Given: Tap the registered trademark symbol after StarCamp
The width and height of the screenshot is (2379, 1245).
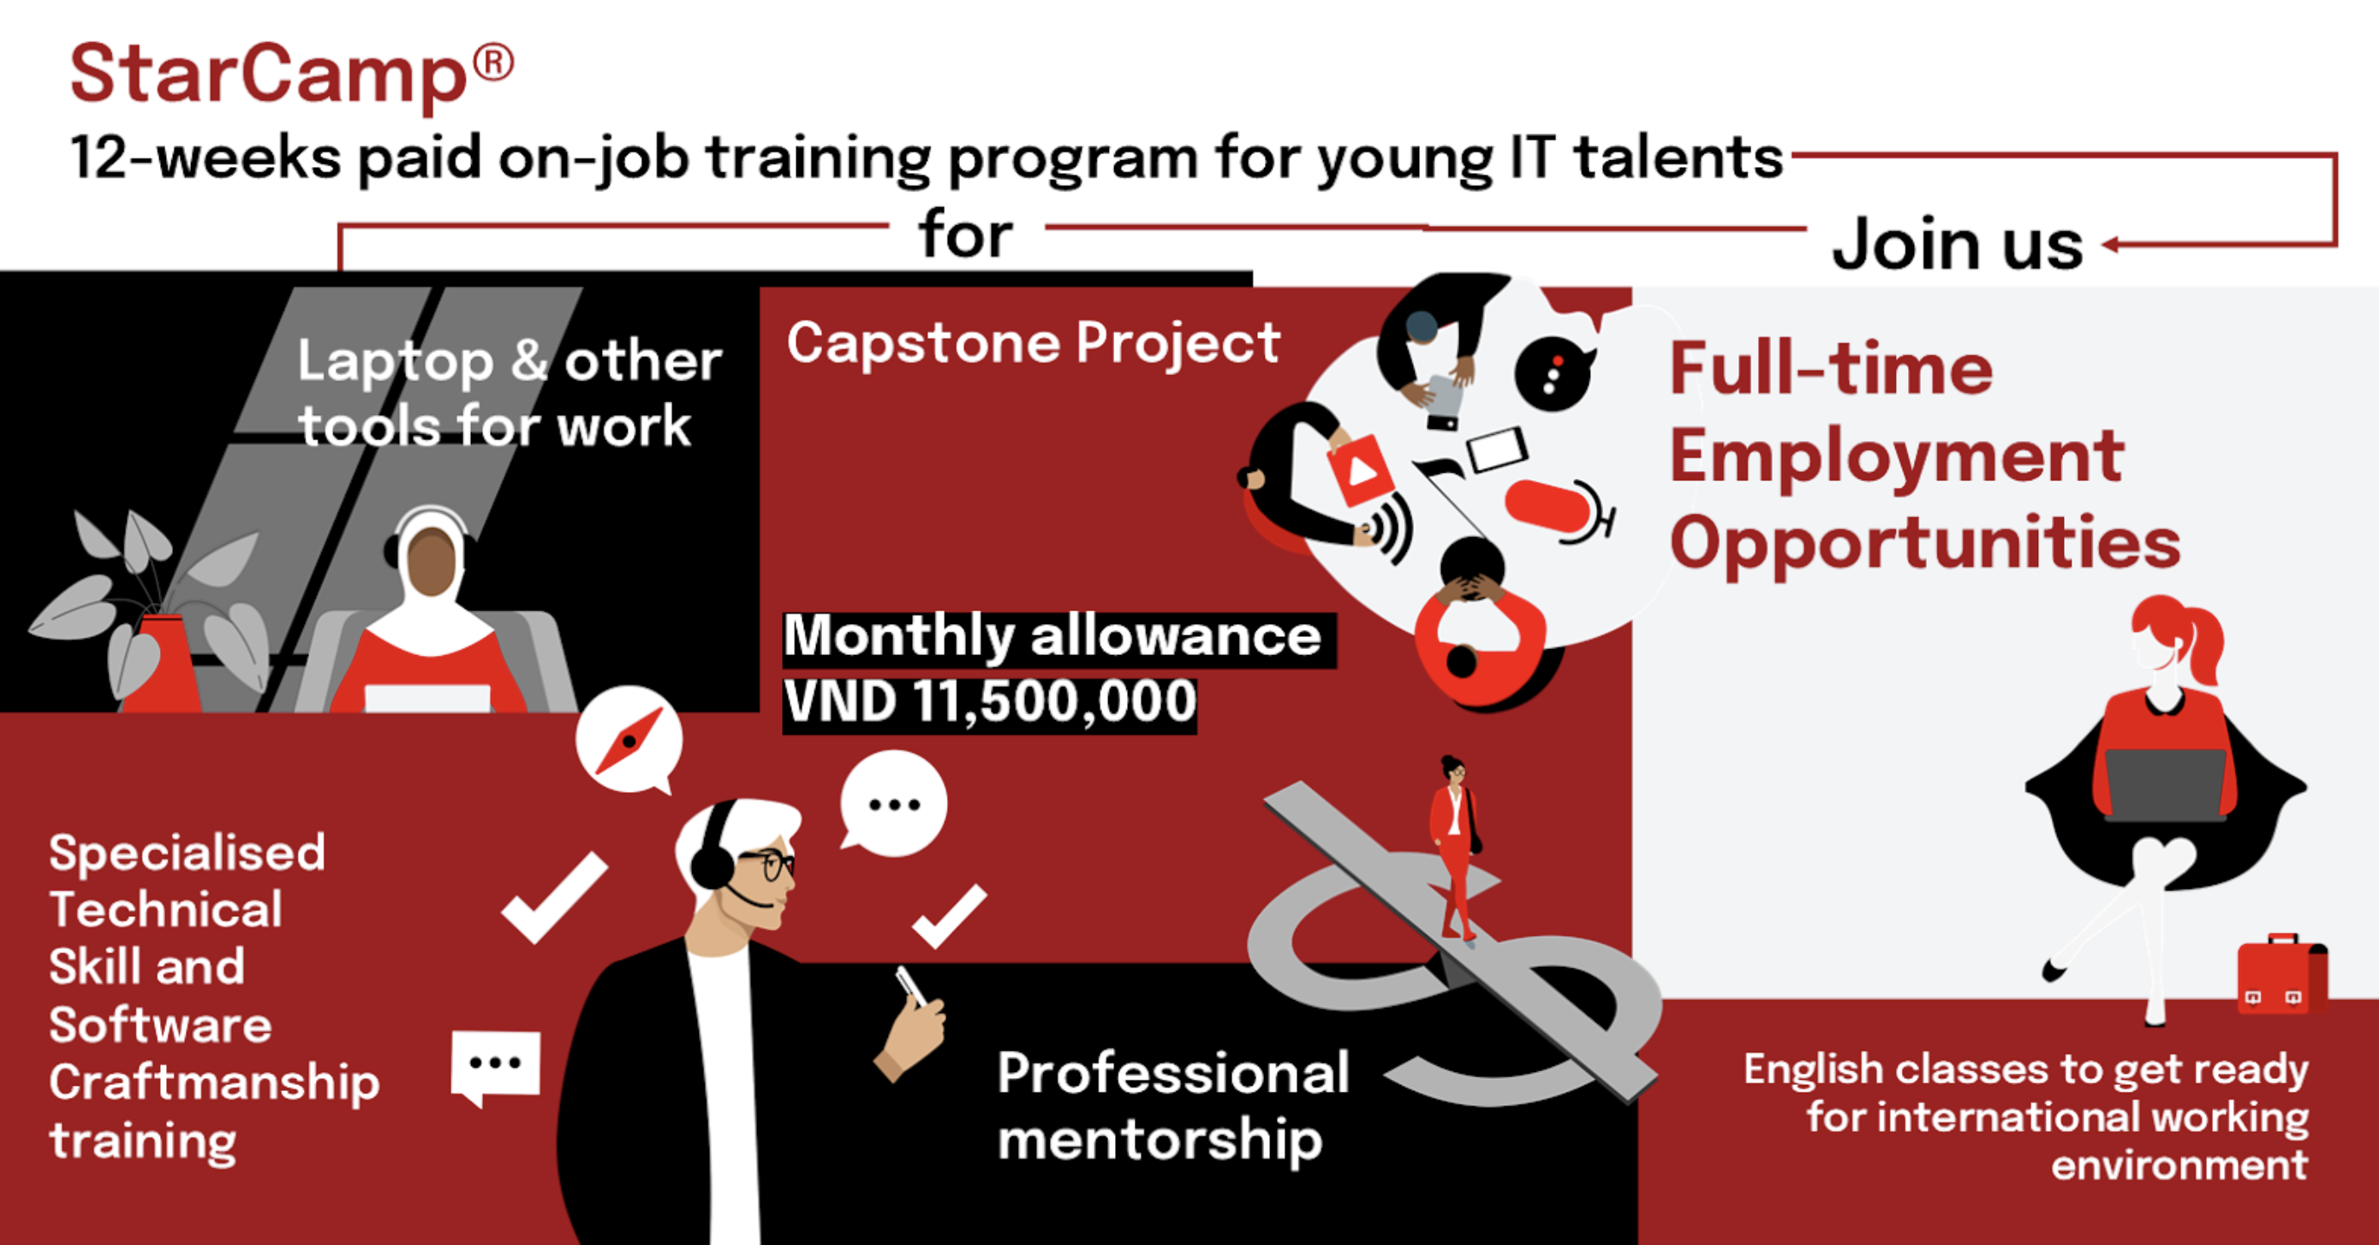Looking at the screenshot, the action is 493,65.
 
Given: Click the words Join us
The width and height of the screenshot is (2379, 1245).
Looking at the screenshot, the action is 1958,244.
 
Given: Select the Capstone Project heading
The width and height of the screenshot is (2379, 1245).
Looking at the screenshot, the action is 1034,343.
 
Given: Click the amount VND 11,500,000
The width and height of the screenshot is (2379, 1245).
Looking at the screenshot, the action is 989,702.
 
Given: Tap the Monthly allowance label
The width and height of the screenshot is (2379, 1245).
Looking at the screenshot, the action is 1052,637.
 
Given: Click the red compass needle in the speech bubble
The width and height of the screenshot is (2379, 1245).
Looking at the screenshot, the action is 629,741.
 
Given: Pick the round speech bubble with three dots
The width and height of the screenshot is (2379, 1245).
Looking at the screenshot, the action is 893,803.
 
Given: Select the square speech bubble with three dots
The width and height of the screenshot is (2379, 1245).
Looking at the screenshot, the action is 495,1067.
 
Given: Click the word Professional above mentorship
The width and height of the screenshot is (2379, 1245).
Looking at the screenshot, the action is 1173,1073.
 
